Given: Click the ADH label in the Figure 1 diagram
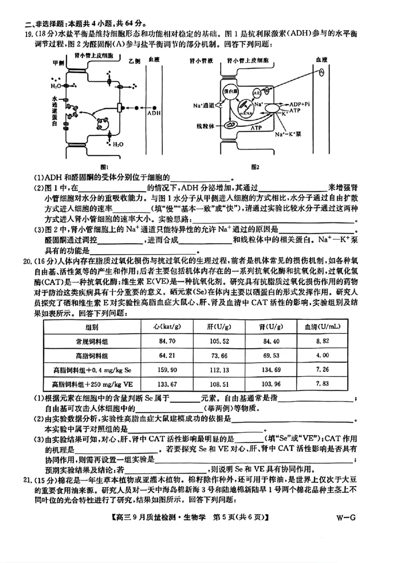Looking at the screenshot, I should coord(154,113).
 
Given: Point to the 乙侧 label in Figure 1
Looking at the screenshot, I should coord(134,61).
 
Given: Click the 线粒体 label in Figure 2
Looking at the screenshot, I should coord(204,126).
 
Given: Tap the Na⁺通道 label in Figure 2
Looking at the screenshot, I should coord(203,105).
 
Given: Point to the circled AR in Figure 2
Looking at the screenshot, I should coord(257,93).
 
